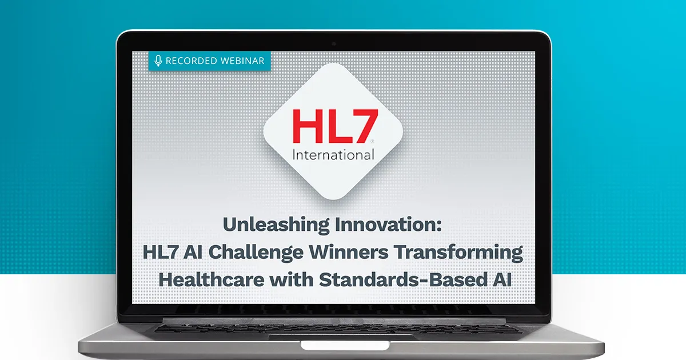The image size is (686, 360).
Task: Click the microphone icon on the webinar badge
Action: (x=158, y=61)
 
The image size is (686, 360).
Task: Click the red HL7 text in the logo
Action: (x=336, y=126)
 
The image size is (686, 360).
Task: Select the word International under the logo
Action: (x=333, y=155)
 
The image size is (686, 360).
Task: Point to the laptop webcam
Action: (x=334, y=44)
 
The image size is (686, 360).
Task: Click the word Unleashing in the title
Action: (x=276, y=225)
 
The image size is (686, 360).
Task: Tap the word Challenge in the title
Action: (x=256, y=253)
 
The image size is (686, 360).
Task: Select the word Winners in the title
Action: (x=349, y=252)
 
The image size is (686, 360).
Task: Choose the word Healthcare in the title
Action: (x=212, y=280)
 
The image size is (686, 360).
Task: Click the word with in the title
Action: (x=292, y=280)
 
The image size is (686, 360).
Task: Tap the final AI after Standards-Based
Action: (x=502, y=280)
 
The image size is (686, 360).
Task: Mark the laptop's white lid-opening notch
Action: (x=345, y=345)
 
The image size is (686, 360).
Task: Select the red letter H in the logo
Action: (x=307, y=126)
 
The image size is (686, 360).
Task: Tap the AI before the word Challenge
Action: (x=193, y=253)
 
